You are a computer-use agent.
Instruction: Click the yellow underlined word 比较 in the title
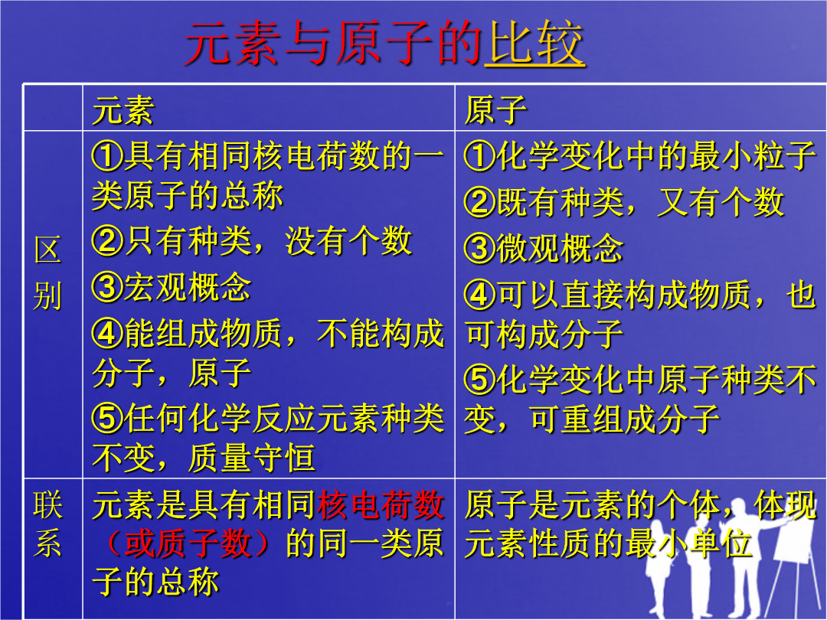(x=534, y=43)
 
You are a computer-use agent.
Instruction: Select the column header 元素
(x=123, y=111)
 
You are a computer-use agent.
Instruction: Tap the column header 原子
(x=495, y=111)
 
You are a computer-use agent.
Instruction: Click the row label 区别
(x=47, y=272)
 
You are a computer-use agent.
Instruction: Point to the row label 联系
(x=47, y=523)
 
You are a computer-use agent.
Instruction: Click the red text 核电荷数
(x=381, y=504)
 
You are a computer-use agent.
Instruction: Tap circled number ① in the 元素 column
(x=108, y=157)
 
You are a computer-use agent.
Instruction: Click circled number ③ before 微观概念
(x=480, y=248)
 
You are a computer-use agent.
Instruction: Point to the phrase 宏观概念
(x=188, y=287)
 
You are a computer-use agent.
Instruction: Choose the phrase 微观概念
(x=560, y=248)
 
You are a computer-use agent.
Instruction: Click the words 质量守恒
(x=252, y=457)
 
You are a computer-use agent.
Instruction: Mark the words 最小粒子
(x=753, y=157)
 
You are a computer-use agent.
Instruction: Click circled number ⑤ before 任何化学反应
(x=108, y=418)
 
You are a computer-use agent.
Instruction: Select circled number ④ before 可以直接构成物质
(x=480, y=294)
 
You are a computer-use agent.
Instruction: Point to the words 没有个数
(x=348, y=241)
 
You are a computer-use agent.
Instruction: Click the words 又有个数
(x=721, y=202)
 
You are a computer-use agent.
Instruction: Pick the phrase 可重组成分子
(x=625, y=419)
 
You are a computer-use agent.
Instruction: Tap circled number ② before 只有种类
(x=108, y=241)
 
